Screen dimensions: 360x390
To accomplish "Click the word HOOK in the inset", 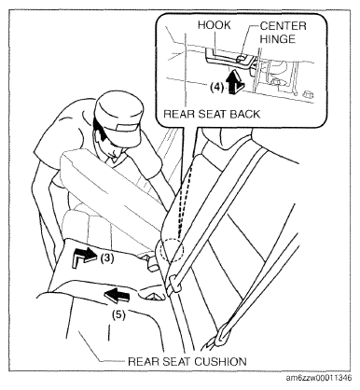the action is (215, 25).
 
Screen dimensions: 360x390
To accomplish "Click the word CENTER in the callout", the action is (283, 26).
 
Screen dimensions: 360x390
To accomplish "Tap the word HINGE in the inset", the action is (278, 39).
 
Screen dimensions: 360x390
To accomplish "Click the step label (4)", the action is (216, 88).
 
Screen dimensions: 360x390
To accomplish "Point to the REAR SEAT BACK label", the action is (212, 114).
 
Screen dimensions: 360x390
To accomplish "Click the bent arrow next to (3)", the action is (83, 257).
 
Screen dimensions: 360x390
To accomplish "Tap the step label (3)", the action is (106, 258).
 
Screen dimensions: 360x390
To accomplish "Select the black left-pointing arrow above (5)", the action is (117, 295).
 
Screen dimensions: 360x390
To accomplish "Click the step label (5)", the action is (118, 314).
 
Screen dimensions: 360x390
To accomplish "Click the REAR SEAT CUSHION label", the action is (187, 362).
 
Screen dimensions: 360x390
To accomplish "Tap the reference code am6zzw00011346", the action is (319, 378).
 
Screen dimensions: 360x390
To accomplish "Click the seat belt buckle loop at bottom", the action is (222, 334).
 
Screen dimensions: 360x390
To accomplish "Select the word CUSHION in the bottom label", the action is (220, 362).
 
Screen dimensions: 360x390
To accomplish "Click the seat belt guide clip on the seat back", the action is (173, 283).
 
